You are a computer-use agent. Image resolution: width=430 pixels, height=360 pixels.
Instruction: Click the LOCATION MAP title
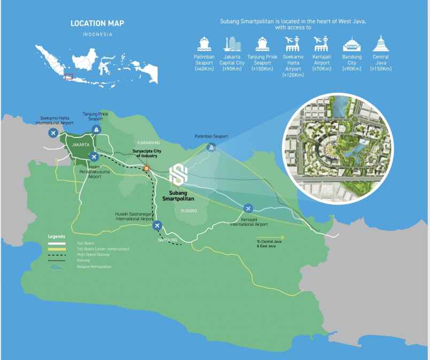pyautogui.click(x=97, y=24)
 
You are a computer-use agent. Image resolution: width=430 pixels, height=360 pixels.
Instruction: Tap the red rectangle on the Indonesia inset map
pyautogui.click(x=68, y=76)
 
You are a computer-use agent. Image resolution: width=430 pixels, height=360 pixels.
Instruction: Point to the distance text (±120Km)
pyautogui.click(x=293, y=75)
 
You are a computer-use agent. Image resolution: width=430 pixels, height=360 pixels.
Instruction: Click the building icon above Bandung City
pyautogui.click(x=351, y=43)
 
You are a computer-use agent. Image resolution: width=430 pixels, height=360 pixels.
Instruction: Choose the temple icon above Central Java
pyautogui.click(x=381, y=43)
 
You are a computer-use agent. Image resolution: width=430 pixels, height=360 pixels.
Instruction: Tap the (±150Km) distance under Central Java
pyautogui.click(x=381, y=69)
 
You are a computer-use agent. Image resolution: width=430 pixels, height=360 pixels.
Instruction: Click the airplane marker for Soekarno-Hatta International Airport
pyautogui.click(x=52, y=132)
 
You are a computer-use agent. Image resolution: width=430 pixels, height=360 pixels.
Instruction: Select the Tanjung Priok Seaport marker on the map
pyautogui.click(x=96, y=129)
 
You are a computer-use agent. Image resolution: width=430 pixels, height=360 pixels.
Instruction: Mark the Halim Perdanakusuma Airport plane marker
pyautogui.click(x=94, y=157)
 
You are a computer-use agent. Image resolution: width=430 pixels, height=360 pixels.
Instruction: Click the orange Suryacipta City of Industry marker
pyautogui.click(x=147, y=168)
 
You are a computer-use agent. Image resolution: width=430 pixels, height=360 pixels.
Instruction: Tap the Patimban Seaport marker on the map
pyautogui.click(x=212, y=148)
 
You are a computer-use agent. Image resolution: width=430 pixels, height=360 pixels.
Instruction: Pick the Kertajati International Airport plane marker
pyautogui.click(x=248, y=208)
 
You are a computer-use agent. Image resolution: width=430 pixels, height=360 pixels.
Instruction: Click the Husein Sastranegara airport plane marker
pyautogui.click(x=157, y=226)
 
